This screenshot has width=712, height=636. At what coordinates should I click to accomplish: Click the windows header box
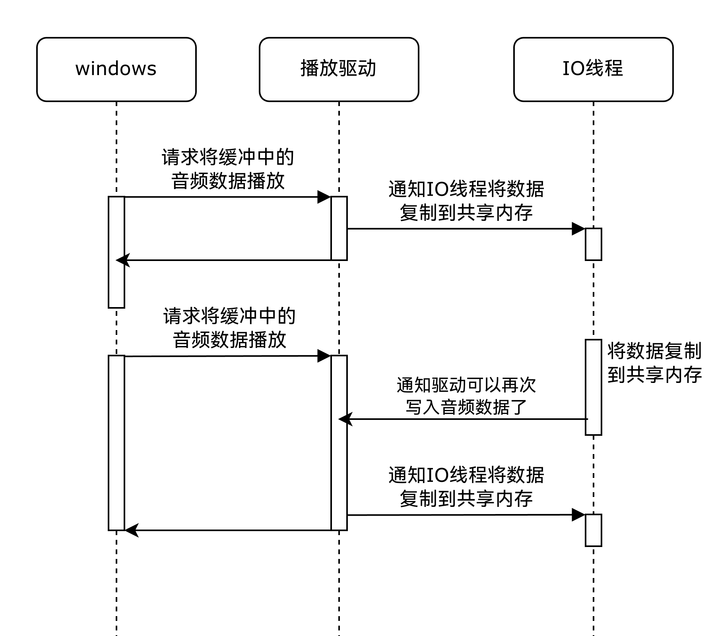point(116,70)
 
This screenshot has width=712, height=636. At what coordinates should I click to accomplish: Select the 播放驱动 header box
point(339,70)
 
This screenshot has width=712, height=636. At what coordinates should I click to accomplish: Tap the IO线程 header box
point(593,70)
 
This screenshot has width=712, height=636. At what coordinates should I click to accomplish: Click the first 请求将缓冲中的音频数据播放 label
point(228,169)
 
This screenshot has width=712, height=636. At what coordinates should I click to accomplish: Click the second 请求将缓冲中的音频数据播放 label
point(229,328)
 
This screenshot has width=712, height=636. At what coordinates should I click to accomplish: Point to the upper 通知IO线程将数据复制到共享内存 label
point(466,201)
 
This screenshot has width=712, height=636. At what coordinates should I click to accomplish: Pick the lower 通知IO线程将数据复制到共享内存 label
point(466,487)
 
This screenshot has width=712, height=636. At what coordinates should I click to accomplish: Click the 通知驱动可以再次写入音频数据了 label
point(466,396)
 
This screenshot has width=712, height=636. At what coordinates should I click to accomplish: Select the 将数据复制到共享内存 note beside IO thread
point(654,363)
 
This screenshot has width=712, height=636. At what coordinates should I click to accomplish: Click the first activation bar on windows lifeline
point(116,252)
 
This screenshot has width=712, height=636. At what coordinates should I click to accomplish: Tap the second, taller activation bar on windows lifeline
point(116,443)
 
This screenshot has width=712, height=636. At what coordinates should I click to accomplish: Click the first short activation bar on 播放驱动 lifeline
point(339,228)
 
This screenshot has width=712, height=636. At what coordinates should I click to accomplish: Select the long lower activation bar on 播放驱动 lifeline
point(339,443)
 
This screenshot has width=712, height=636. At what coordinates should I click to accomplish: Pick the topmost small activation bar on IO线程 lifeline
point(593,244)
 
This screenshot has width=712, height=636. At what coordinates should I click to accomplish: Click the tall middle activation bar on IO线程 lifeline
point(593,387)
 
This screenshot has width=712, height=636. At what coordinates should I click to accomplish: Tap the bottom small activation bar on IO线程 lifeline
point(593,530)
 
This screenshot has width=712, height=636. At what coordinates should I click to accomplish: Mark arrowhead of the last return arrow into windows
point(131,530)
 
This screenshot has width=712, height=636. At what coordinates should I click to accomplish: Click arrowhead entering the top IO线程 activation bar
point(578,229)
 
